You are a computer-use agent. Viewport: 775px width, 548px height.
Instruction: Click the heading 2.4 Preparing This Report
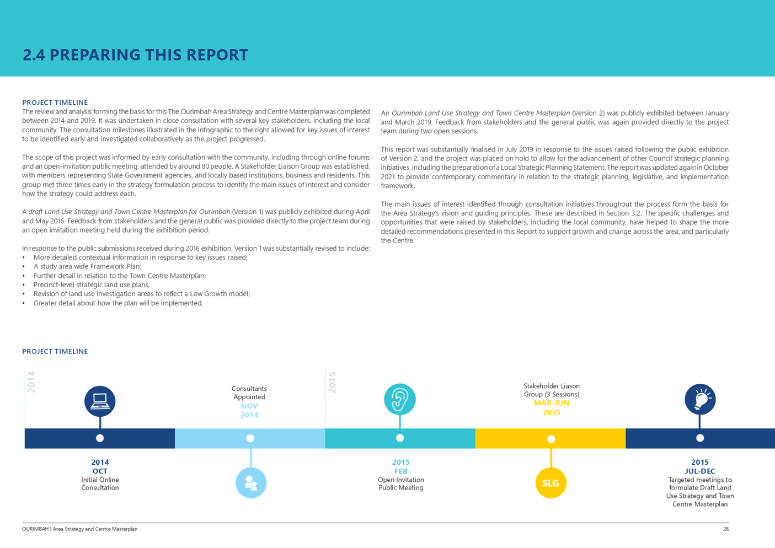135,55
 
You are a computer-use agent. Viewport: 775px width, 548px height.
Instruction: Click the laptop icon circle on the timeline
100,401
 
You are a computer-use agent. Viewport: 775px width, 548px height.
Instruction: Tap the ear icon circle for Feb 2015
400,399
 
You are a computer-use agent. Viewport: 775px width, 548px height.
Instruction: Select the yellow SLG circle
550,483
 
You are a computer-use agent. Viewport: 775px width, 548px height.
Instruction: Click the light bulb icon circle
700,399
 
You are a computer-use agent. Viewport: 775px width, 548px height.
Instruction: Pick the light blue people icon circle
251,483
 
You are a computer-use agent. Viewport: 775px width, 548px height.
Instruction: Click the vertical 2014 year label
31,382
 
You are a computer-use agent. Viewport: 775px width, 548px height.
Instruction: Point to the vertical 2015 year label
333,383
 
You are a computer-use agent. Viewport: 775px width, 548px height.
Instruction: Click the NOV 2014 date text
249,410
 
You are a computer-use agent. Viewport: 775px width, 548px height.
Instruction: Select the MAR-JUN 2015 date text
551,407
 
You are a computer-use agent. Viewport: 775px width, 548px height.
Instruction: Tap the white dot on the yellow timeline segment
551,439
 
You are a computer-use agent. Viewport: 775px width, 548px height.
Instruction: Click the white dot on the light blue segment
250,438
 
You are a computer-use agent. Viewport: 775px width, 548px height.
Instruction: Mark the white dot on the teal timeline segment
400,438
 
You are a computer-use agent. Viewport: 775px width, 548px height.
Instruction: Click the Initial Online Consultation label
100,483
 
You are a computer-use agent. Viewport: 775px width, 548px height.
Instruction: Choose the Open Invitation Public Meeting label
401,483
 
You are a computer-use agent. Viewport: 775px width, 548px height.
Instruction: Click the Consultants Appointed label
249,393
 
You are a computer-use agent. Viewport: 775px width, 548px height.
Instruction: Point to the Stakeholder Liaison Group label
552,390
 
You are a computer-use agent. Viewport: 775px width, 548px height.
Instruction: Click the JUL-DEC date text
700,471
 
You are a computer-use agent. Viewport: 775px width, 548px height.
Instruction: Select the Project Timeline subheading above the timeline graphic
55,351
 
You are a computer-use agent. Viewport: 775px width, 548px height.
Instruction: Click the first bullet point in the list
141,257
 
